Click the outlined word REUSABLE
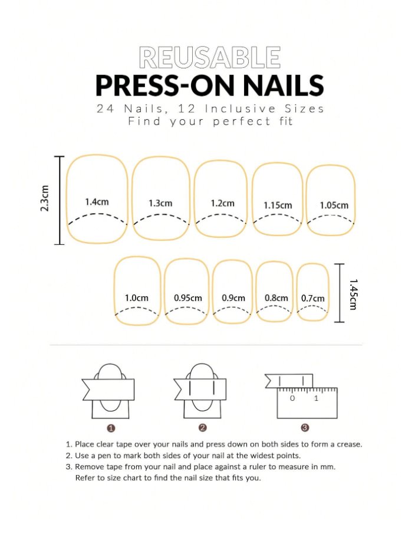coord(210,58)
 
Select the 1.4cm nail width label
coord(97,202)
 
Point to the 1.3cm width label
coord(160,203)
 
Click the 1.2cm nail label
coord(222,203)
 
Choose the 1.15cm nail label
coord(278,205)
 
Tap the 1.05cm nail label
coord(334,205)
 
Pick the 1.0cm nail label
coord(137,298)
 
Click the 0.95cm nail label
coord(188,298)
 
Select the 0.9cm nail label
coord(233,298)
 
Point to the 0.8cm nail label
coord(277,298)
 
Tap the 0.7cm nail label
coord(312,299)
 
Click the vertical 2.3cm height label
coord(45,198)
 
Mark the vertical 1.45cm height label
coord(354,295)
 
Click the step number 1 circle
coord(111,429)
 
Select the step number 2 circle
coord(203,427)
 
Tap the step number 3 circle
coord(305,427)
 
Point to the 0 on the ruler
coord(292,398)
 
